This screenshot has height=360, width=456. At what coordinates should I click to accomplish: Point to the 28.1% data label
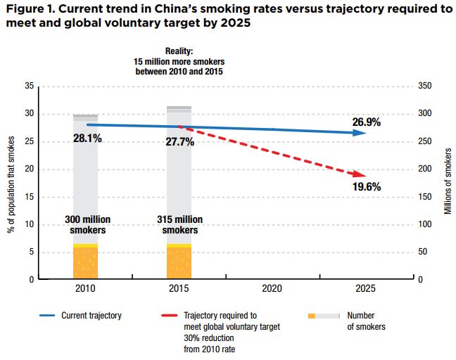[x=87, y=139]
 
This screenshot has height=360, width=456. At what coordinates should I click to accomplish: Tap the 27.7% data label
[x=181, y=141]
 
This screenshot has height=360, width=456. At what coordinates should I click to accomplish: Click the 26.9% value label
[x=366, y=122]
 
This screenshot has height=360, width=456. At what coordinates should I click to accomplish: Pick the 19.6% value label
[x=366, y=186]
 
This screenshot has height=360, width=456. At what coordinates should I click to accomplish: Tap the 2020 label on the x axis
[x=272, y=288]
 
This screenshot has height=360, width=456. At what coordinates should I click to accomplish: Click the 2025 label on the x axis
[x=366, y=288]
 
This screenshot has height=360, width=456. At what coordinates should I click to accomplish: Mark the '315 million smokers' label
[x=181, y=225]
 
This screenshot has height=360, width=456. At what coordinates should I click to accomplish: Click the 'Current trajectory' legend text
[x=91, y=316]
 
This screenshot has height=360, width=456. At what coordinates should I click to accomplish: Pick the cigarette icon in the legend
[x=324, y=316]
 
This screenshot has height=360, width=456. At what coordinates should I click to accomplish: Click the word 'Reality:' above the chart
[x=179, y=51]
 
